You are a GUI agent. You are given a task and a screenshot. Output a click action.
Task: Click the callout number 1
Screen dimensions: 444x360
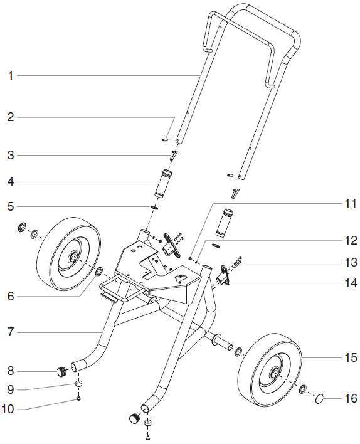(x=10, y=76)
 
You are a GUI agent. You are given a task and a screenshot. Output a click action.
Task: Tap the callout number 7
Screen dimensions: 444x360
(x=10, y=332)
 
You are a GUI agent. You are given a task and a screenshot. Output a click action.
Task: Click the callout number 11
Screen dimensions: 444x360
(x=350, y=204)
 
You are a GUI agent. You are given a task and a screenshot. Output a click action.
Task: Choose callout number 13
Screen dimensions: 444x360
(x=350, y=261)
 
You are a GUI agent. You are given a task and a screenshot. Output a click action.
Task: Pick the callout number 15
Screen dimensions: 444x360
(x=350, y=358)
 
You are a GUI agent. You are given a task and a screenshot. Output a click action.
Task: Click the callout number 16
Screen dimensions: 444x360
(x=350, y=398)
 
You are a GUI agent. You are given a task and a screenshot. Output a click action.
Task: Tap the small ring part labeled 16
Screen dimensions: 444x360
(x=319, y=398)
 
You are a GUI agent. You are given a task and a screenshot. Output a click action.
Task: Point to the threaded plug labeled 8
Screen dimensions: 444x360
(x=61, y=371)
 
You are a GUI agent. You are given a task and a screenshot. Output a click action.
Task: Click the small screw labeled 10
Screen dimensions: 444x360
(x=80, y=397)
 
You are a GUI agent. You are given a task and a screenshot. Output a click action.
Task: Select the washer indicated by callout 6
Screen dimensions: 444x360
(x=98, y=272)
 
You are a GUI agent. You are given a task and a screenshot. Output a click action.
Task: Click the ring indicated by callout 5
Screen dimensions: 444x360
(x=153, y=206)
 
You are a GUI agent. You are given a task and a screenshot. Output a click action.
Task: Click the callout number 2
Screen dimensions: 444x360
(x=10, y=117)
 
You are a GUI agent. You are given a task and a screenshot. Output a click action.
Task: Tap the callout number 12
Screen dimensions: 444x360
(x=350, y=240)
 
